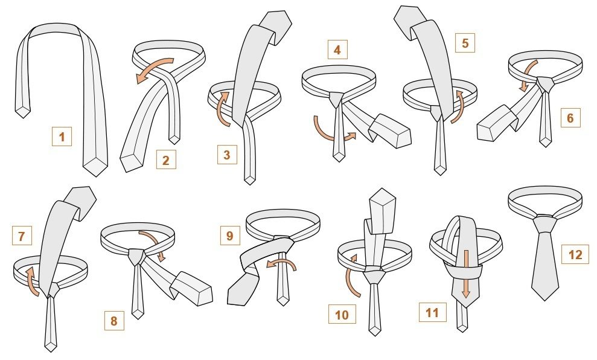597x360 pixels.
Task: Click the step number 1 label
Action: coord(62,137)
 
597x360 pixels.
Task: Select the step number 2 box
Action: coord(166,159)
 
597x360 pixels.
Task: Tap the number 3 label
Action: coord(227,155)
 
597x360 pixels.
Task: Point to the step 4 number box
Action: coord(337,50)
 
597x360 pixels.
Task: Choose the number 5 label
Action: coord(465,43)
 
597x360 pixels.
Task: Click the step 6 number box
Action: coord(570,118)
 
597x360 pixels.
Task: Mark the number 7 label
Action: coord(22,236)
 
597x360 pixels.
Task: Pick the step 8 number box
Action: coord(114,320)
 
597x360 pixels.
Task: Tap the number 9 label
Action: coord(230,236)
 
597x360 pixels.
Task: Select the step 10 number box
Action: coord(342,314)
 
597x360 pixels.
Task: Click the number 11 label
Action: coord(433,312)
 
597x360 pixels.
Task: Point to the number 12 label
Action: coord(575,254)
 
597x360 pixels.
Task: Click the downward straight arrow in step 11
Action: coord(465,274)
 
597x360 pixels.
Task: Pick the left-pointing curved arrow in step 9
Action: coord(284,262)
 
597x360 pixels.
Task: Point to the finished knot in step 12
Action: coord(544,223)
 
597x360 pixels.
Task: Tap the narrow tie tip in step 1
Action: coord(23,112)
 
